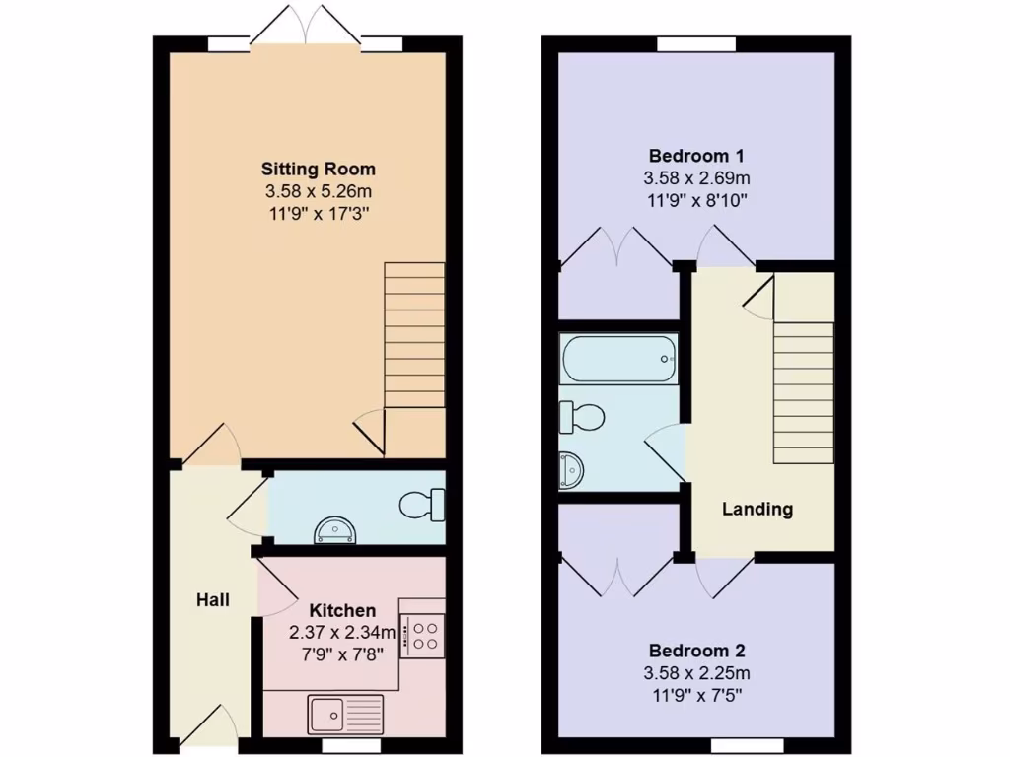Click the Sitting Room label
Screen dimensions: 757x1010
[318, 169]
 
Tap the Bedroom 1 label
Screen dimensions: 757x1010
[696, 156]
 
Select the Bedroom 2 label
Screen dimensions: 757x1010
[696, 651]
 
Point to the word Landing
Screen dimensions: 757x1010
[757, 510]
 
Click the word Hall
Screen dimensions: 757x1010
[213, 599]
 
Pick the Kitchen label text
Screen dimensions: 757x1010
[342, 610]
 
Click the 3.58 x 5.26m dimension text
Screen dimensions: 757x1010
[318, 190]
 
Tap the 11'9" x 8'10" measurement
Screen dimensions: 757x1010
[696, 200]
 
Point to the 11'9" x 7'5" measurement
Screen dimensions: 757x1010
[696, 695]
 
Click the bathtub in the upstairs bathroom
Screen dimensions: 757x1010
[618, 360]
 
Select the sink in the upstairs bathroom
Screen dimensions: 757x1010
[571, 470]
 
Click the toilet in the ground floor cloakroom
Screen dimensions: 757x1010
[423, 505]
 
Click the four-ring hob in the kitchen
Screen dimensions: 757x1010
[423, 633]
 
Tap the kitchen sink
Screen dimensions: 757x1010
[344, 710]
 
